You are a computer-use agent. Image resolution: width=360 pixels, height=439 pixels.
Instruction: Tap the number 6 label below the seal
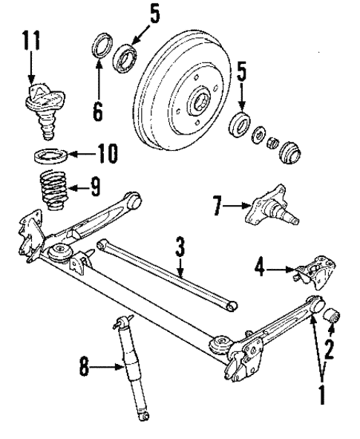pyautogui.click(x=98, y=110)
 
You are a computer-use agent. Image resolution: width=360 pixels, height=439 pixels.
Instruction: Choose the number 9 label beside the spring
pyautogui.click(x=95, y=185)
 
